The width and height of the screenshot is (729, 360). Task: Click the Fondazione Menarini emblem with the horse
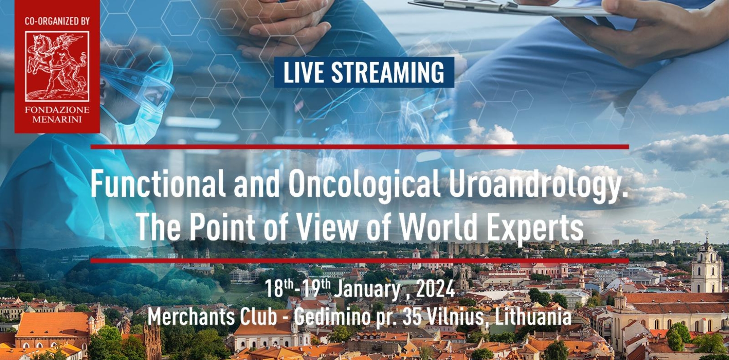[57, 66]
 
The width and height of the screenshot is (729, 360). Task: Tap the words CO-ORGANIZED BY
[57, 21]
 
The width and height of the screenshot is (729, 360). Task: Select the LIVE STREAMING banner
[364, 72]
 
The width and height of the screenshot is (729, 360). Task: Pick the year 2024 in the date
[435, 288]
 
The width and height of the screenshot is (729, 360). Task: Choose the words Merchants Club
[212, 316]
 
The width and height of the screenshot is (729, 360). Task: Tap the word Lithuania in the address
[533, 316]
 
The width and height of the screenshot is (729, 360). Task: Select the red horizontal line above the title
[360, 147]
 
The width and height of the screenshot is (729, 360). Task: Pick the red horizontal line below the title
[360, 261]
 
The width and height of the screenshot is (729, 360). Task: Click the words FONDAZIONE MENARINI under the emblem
[57, 115]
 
